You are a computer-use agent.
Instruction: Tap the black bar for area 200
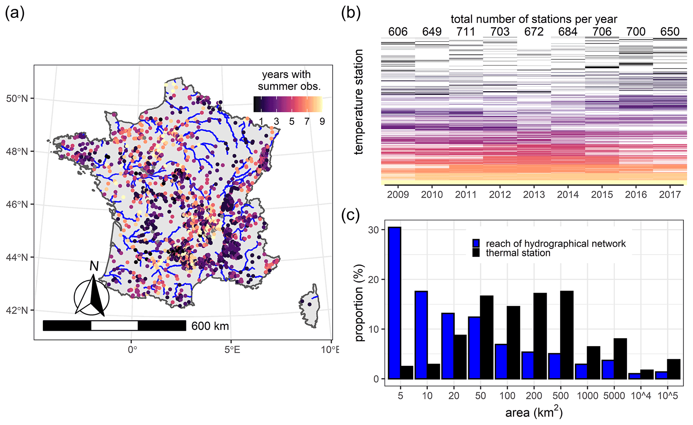540,336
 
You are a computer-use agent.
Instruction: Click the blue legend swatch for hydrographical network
476,243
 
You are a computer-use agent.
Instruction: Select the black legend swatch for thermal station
476,253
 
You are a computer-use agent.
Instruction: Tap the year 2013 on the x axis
534,195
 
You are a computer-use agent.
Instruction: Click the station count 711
466,32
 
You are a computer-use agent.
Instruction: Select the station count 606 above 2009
398,32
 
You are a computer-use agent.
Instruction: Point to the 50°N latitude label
17,99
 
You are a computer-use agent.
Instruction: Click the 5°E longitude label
232,350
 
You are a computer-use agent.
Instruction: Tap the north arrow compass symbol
92,295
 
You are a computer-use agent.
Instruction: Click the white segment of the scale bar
114,326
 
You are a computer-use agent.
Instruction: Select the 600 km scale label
210,326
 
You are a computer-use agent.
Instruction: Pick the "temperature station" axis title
359,102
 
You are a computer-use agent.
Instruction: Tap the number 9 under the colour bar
322,122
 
